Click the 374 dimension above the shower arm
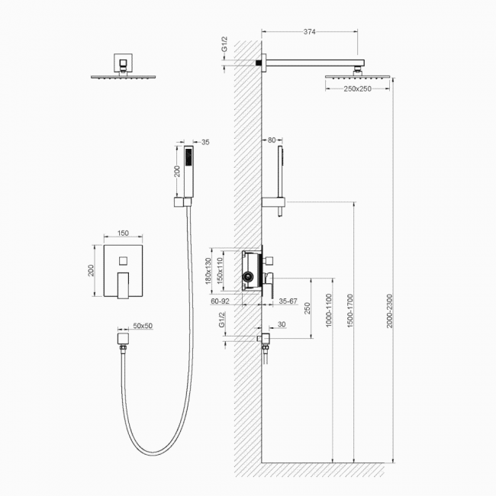(x=309, y=31)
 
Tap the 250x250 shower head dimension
(x=357, y=89)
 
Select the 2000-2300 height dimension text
(x=389, y=311)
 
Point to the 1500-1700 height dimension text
(x=349, y=311)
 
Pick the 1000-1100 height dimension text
(x=329, y=311)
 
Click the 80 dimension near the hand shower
(x=272, y=140)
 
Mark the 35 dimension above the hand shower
(x=205, y=143)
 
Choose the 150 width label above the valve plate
(x=123, y=234)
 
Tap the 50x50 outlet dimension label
(x=143, y=326)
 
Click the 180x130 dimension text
(x=208, y=271)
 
